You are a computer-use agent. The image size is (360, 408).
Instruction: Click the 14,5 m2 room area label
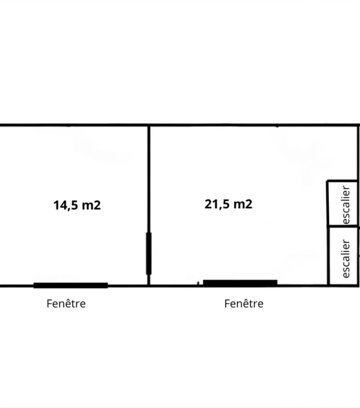pyautogui.click(x=77, y=205)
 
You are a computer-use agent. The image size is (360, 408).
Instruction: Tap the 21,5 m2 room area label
pyautogui.click(x=228, y=204)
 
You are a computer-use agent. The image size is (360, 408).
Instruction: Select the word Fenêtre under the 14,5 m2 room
pyautogui.click(x=66, y=304)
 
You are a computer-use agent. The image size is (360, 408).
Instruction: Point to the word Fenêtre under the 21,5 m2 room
pyautogui.click(x=244, y=304)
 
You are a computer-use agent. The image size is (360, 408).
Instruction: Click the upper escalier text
pyautogui.click(x=346, y=205)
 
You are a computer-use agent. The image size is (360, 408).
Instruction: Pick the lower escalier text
pyautogui.click(x=346, y=259)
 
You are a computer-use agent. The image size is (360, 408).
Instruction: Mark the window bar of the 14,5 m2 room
pyautogui.click(x=71, y=285)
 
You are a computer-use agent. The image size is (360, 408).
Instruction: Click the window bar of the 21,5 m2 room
pyautogui.click(x=240, y=283)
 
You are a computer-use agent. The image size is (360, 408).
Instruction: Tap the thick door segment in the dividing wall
pyautogui.click(x=149, y=253)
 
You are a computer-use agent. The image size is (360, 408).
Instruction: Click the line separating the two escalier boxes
pyautogui.click(x=343, y=226)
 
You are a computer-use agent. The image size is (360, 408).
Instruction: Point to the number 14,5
pyautogui.click(x=65, y=205)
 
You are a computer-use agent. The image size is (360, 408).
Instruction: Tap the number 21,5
pyautogui.click(x=217, y=204)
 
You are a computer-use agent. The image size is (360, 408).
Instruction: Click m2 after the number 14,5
pyautogui.click(x=91, y=205)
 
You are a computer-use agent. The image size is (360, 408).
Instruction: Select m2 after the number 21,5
pyautogui.click(x=243, y=204)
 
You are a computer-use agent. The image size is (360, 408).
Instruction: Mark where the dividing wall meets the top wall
pyautogui.click(x=149, y=126)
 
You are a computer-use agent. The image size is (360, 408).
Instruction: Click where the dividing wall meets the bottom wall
pyautogui.click(x=149, y=286)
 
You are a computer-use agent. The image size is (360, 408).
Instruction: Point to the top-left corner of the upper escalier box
pyautogui.click(x=327, y=180)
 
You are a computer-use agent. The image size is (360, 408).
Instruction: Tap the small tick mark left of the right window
pyautogui.click(x=198, y=283)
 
